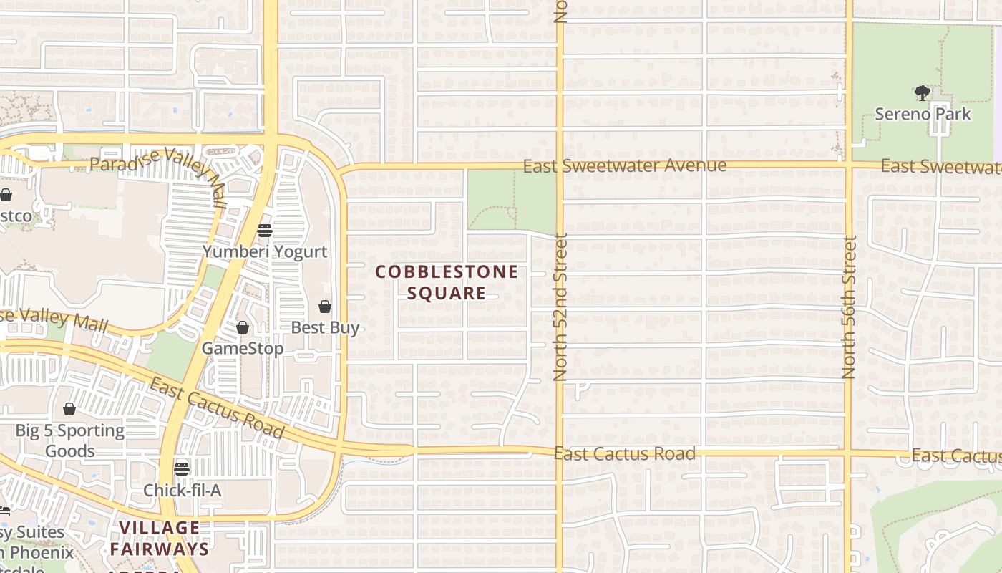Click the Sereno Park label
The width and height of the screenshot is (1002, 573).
click(x=923, y=114)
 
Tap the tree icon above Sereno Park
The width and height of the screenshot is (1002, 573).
click(x=923, y=92)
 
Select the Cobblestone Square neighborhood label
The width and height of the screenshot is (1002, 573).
click(x=447, y=282)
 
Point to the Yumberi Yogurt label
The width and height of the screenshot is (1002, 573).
click(x=264, y=251)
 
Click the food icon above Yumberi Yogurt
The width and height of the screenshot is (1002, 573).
click(x=265, y=230)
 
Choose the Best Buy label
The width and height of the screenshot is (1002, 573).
click(x=325, y=328)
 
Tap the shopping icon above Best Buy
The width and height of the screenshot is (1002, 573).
click(x=325, y=307)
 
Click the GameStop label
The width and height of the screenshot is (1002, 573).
click(x=243, y=349)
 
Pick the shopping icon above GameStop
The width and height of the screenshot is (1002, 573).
click(x=243, y=327)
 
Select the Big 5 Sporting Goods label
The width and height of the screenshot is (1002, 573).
click(x=70, y=440)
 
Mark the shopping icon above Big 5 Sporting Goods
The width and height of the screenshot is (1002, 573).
click(x=69, y=409)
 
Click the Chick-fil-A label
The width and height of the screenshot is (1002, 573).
click(x=182, y=491)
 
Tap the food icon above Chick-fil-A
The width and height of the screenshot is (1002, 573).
click(x=182, y=469)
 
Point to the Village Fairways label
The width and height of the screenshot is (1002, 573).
click(x=160, y=539)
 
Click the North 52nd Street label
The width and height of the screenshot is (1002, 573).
click(x=560, y=307)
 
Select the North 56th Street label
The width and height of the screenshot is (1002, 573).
click(x=849, y=307)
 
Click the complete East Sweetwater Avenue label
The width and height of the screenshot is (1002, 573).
click(x=624, y=166)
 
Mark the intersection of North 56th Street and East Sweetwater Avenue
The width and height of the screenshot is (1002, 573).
click(x=849, y=166)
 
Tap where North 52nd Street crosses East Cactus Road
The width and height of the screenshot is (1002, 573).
click(x=560, y=453)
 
